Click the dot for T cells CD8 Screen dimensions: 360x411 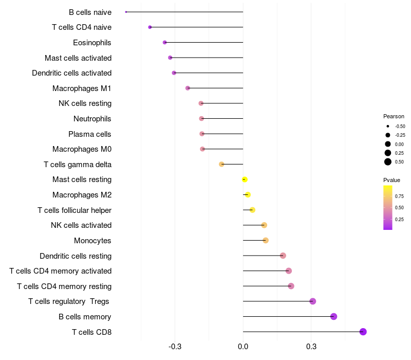[x=363, y=332]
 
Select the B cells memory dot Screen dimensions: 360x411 [x=333, y=317]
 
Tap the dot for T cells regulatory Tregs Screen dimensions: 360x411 [x=313, y=301]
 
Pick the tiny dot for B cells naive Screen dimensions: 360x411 [x=126, y=12]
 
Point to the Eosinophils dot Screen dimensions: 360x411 [x=164, y=42]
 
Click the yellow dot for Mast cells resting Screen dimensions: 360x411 [x=245, y=179]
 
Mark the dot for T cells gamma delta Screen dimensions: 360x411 [x=221, y=164]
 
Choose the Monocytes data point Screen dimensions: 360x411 [x=266, y=240]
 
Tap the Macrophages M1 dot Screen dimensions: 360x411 [x=188, y=88]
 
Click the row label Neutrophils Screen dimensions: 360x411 [x=92, y=119]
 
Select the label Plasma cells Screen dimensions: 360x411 [x=90, y=134]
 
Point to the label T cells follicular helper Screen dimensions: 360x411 [x=74, y=210]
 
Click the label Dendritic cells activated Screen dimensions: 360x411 [x=72, y=73]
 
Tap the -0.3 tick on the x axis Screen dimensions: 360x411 [x=175, y=347]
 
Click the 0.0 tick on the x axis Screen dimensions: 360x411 [x=243, y=347]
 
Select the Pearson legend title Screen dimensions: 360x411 [x=394, y=116]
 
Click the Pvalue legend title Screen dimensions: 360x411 [x=391, y=180]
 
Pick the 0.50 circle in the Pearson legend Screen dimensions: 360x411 [x=387, y=162]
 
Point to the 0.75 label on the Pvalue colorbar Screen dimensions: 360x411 [x=399, y=196]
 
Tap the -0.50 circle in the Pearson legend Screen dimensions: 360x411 [x=387, y=126]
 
